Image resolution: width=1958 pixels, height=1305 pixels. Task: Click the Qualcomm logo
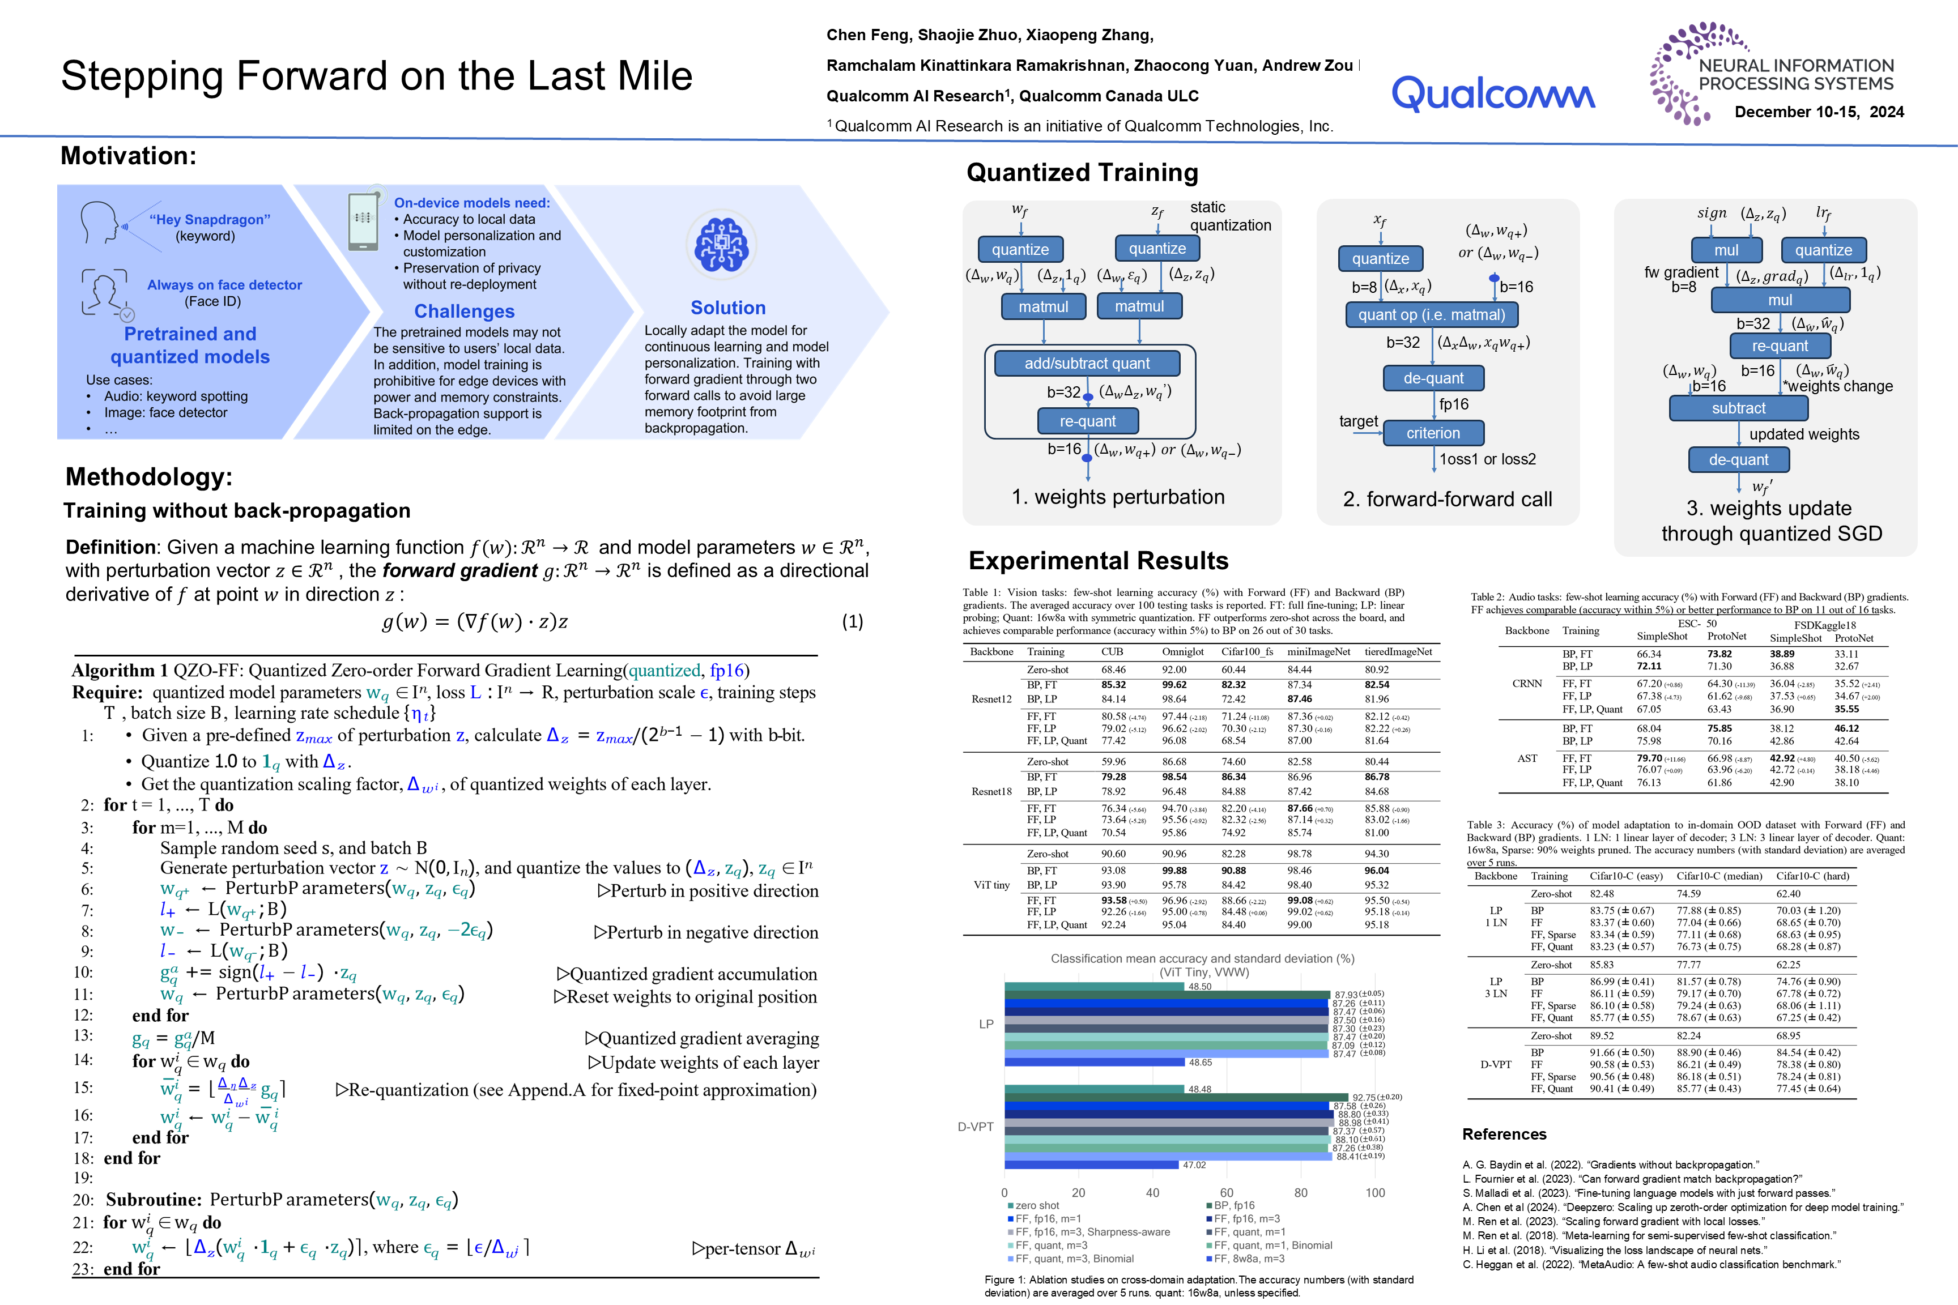1493,93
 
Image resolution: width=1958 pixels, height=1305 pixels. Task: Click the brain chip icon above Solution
721,245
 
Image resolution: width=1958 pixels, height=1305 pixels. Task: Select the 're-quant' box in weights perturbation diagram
1087,421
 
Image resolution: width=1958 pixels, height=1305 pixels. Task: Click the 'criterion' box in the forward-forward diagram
1433,433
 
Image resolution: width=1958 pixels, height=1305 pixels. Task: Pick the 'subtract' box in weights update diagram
1738,408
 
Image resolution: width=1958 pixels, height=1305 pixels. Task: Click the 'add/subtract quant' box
1087,363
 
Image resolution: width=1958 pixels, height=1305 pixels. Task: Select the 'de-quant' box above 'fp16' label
1433,378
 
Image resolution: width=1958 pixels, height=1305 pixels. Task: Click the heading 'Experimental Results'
1098,561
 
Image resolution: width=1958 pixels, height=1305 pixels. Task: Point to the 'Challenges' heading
465,312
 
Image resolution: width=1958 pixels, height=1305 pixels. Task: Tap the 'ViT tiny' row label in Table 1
991,885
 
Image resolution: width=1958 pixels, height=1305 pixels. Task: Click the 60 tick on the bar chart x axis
1226,1193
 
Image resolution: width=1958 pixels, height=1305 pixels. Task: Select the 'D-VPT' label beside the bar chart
975,1127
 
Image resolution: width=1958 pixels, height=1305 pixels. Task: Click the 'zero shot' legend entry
1036,1205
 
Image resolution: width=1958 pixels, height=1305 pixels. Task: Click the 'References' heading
1504,1135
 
